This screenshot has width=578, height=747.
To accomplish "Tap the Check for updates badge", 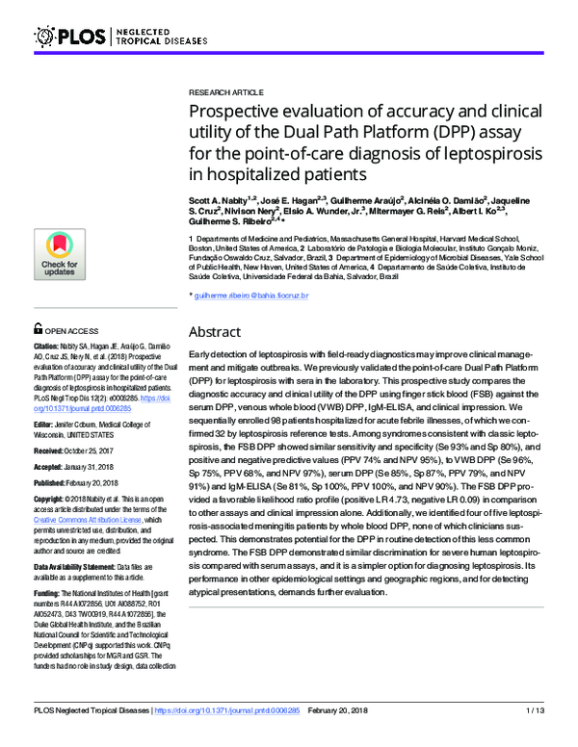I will [60, 254].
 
